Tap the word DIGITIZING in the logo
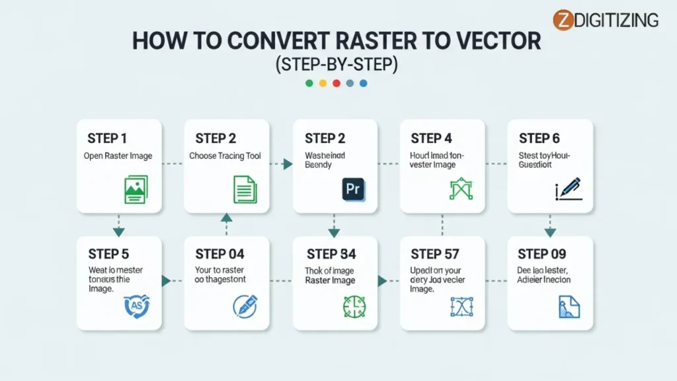616,20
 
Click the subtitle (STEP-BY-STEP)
337,64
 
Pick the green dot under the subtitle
309,83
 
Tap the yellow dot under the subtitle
323,83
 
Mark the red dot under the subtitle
337,83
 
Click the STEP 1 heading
107,138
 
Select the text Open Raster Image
118,156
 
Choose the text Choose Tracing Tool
225,156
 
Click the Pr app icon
353,189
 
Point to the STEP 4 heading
431,138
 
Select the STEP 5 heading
108,254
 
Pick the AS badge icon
137,305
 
